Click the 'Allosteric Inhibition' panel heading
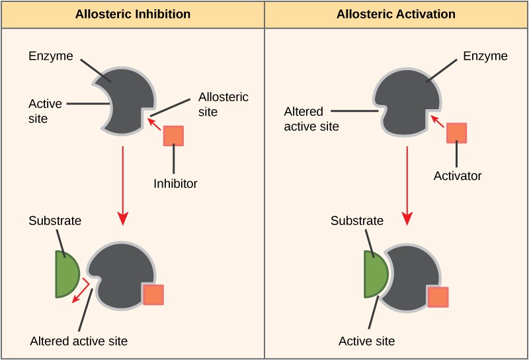pos(132,14)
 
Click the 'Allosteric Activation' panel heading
pos(395,14)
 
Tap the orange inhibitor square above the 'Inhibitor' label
pos(173,136)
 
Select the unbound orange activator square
pos(456,132)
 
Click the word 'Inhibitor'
pos(175,183)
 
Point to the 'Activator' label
pos(458,176)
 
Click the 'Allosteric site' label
pos(224,105)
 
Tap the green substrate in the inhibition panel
pos(66,273)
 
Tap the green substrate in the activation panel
pos(375,273)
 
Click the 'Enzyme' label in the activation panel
pos(486,56)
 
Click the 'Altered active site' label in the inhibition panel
pos(79,341)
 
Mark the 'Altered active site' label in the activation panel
pos(311,118)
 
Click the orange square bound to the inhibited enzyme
pos(153,294)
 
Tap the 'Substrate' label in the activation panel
pos(356,220)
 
